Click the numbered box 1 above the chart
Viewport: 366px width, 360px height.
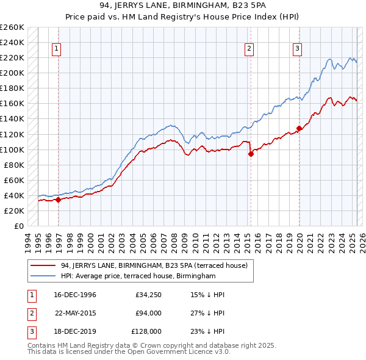pyautogui.click(x=56, y=49)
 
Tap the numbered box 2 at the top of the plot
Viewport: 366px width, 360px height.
pyautogui.click(x=249, y=49)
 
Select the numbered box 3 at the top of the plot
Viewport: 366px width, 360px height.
pyautogui.click(x=297, y=49)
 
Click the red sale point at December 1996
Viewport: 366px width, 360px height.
pyautogui.click(x=58, y=200)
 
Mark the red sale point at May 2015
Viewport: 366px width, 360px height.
pyautogui.click(x=251, y=154)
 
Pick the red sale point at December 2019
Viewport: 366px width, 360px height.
pyautogui.click(x=299, y=128)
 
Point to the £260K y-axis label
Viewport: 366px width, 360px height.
pyautogui.click(x=12, y=27)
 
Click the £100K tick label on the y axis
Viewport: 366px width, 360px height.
pyautogui.click(x=12, y=149)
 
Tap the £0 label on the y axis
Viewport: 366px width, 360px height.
pyautogui.click(x=19, y=226)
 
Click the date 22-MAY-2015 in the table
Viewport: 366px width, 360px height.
pyautogui.click(x=76, y=313)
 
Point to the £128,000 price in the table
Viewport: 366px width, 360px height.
pyautogui.click(x=146, y=331)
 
